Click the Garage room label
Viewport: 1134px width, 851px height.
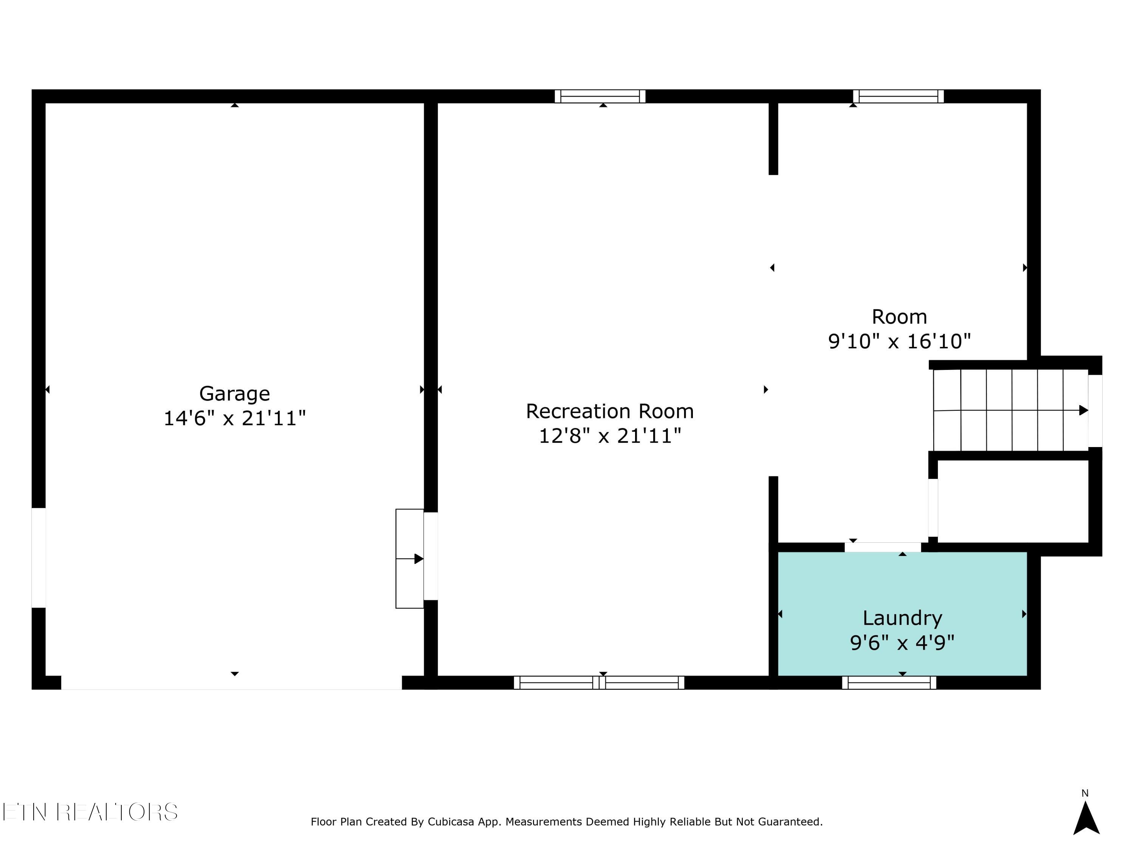click(234, 394)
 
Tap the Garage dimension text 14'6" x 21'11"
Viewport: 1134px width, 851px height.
click(234, 418)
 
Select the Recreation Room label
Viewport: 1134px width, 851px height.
click(610, 412)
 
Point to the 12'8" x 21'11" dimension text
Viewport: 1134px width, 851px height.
click(610, 436)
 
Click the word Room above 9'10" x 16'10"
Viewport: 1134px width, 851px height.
click(899, 317)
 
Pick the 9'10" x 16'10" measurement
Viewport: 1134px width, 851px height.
click(899, 341)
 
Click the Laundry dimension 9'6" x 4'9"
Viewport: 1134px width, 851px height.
click(902, 642)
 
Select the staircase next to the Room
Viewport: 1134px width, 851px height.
click(1010, 410)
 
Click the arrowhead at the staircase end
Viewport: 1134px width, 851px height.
click(1084, 410)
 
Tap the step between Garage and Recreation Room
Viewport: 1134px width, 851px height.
click(410, 559)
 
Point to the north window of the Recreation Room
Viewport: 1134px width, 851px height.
click(600, 96)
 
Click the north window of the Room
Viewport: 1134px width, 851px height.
click(898, 96)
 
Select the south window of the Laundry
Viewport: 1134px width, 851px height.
click(889, 683)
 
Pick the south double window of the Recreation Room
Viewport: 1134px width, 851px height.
click(599, 683)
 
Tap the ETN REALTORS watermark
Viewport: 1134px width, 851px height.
click(90, 812)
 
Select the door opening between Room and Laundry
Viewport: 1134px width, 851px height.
click(883, 547)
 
